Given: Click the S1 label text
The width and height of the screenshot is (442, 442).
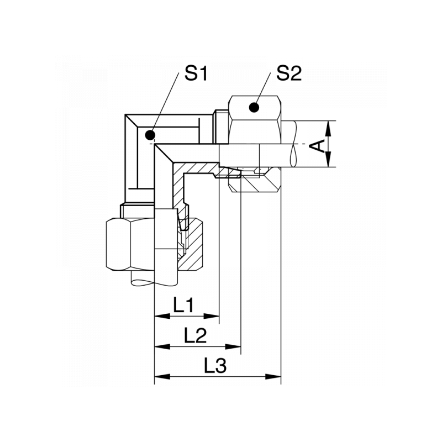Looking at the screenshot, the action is tap(196, 73).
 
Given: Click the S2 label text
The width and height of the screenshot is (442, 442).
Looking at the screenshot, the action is tap(289, 73).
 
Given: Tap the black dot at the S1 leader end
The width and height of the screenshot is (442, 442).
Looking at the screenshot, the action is tap(150, 135).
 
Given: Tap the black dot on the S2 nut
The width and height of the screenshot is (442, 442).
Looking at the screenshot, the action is tap(254, 107).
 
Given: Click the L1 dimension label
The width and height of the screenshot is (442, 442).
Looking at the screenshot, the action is tap(183, 305).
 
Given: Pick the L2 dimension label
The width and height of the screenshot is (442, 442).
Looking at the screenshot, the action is tap(196, 335).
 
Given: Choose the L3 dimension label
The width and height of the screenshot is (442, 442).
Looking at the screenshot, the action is tap(215, 366).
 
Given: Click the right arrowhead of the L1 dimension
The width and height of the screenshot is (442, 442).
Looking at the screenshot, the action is tap(212, 316).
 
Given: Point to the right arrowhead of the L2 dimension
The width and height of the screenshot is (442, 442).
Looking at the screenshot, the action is tap(233, 346).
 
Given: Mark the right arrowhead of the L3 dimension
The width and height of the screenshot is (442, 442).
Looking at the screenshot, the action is tap(273, 376).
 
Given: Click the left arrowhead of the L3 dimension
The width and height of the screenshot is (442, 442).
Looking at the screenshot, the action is tap(162, 376).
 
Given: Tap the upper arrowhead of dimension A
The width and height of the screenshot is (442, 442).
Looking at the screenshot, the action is tap(328, 129).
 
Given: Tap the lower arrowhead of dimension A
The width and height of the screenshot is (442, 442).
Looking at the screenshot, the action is tap(328, 159).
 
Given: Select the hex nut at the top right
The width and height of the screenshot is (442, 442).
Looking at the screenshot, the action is tap(255, 120).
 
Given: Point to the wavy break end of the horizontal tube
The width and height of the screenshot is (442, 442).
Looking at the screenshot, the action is tap(293, 144).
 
